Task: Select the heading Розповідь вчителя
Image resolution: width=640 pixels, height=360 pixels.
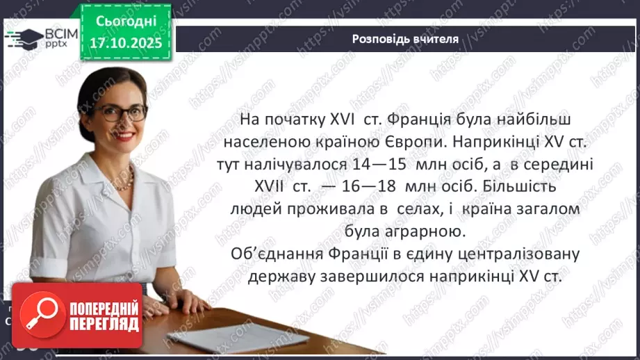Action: tap(405, 39)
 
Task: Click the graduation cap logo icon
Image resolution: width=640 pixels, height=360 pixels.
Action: tap(24, 38)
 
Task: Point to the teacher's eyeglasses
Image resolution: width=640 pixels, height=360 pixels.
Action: tap(120, 113)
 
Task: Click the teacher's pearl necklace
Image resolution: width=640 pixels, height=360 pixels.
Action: tap(124, 182)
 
